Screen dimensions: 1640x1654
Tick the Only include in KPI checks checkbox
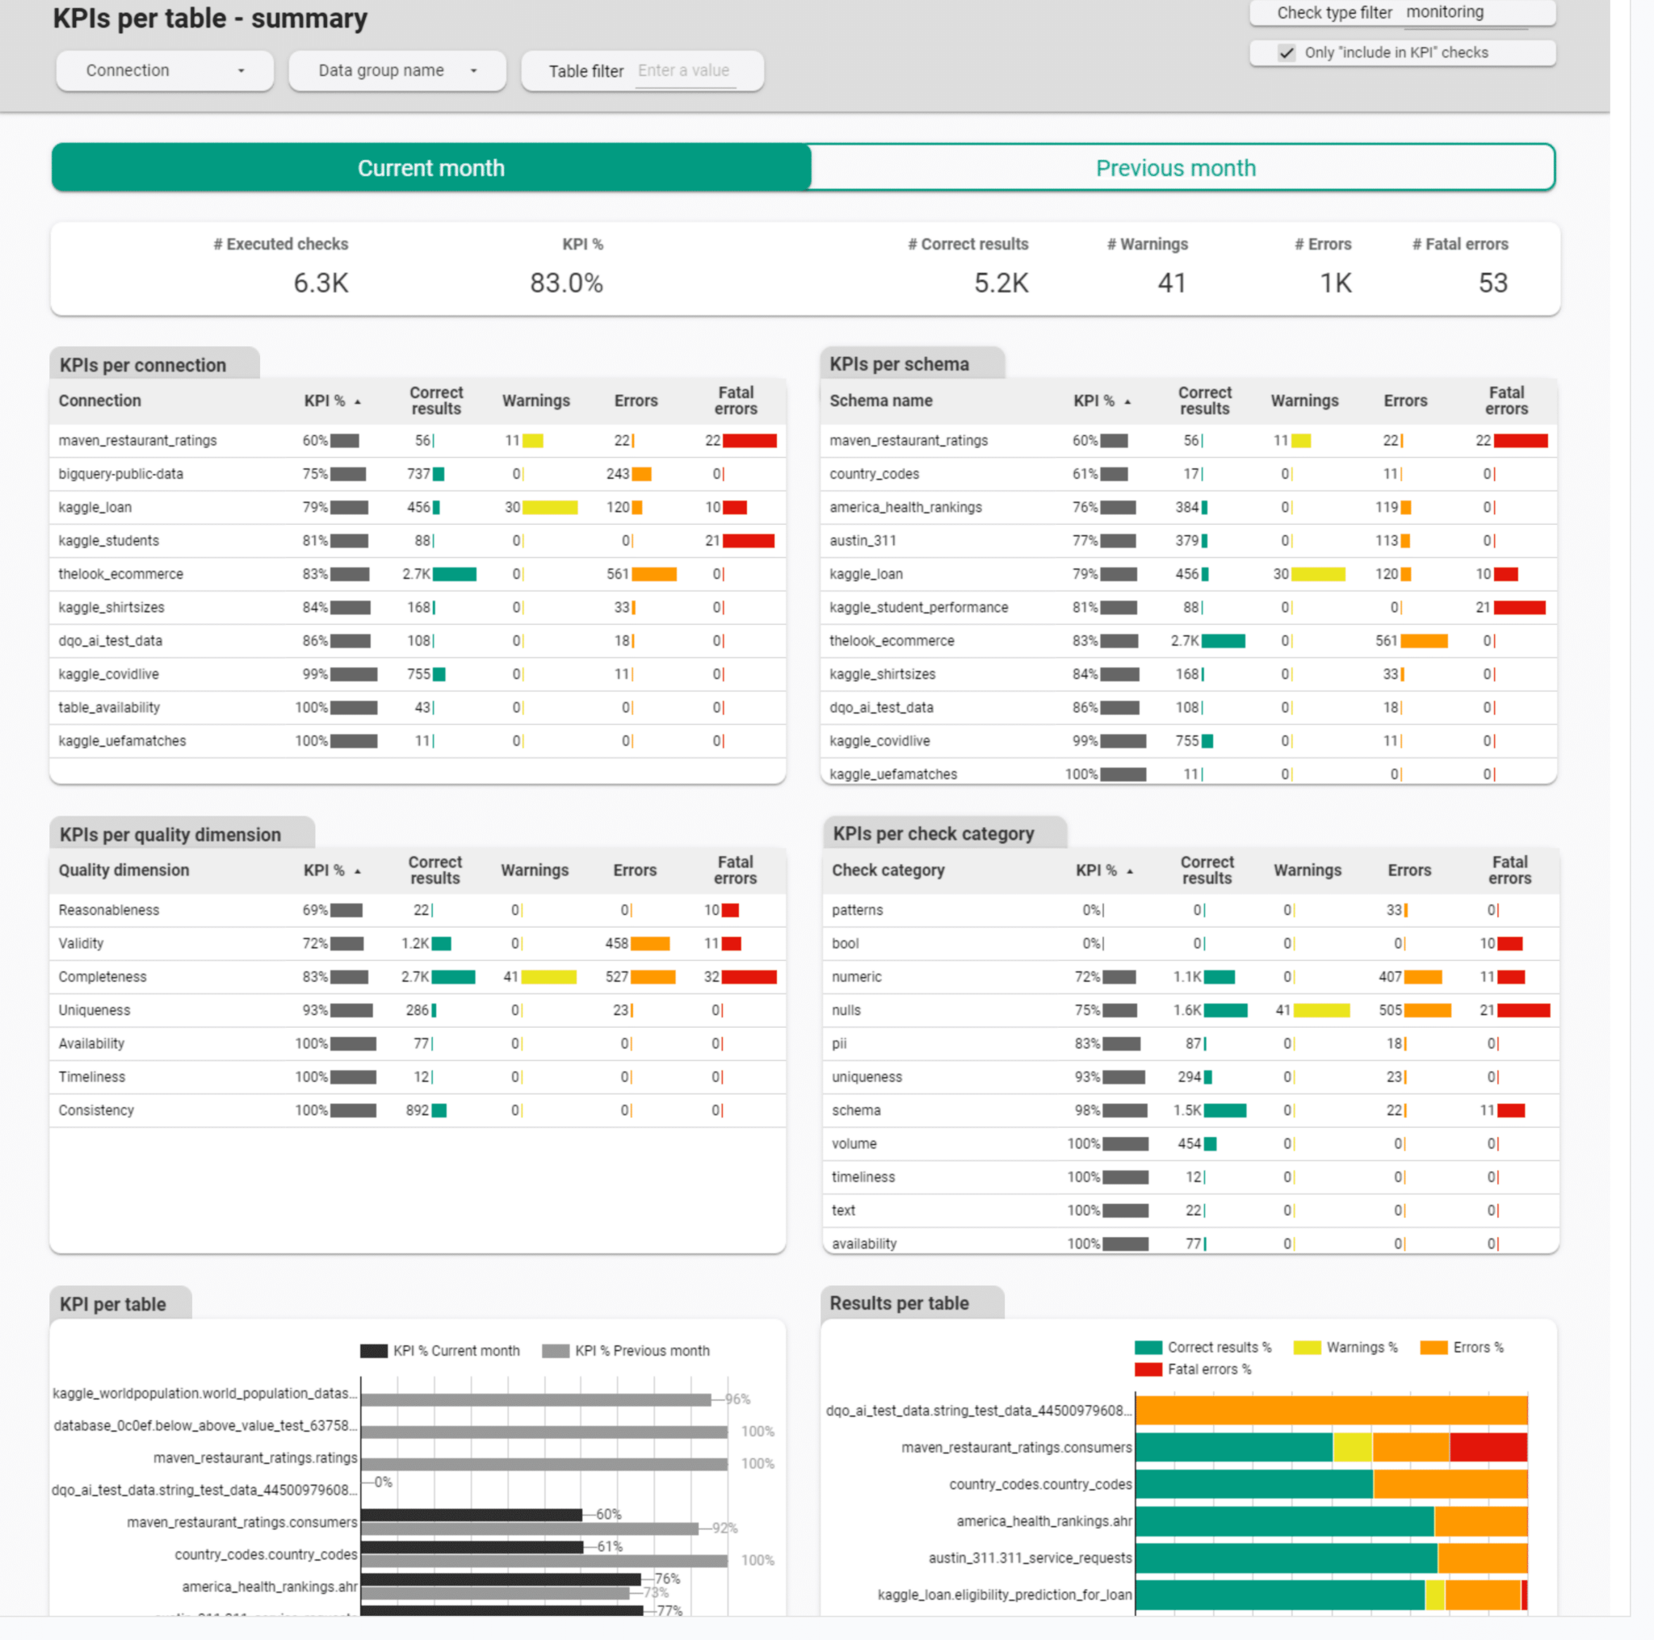tap(1286, 53)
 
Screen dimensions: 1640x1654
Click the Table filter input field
tap(684, 71)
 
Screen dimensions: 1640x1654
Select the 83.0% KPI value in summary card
tap(566, 283)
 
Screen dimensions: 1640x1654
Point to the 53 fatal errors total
tap(1492, 283)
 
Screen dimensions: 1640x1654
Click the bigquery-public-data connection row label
tap(120, 474)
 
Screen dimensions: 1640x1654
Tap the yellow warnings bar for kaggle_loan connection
tap(550, 508)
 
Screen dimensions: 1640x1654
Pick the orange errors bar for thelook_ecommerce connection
tap(653, 574)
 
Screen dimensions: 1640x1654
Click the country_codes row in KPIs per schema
tap(874, 474)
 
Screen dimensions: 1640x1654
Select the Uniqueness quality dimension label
tap(94, 1010)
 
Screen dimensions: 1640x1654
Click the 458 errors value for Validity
tap(616, 943)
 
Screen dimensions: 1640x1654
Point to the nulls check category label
tap(846, 1010)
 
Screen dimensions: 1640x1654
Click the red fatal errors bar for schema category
tap(1510, 1110)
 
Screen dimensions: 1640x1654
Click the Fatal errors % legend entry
tap(1208, 1369)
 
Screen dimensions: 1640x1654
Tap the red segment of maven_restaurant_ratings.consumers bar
tap(1488, 1447)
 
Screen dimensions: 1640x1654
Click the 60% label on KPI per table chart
tap(609, 1514)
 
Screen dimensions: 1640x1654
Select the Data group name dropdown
tap(397, 70)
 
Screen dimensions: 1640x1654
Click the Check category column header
tap(888, 870)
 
